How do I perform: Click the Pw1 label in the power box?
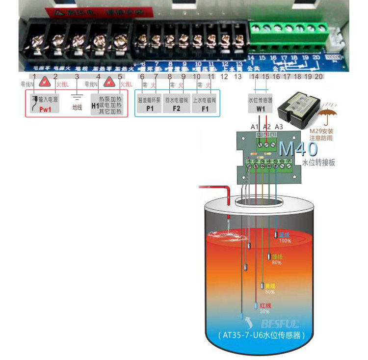coord(45,110)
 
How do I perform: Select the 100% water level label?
coord(285,241)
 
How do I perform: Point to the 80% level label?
coord(277,263)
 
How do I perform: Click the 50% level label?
coord(270,292)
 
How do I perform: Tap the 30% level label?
coord(264,311)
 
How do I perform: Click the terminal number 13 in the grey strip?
coord(237,77)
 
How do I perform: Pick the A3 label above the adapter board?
coord(279,127)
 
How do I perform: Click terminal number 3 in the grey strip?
coord(77,77)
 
